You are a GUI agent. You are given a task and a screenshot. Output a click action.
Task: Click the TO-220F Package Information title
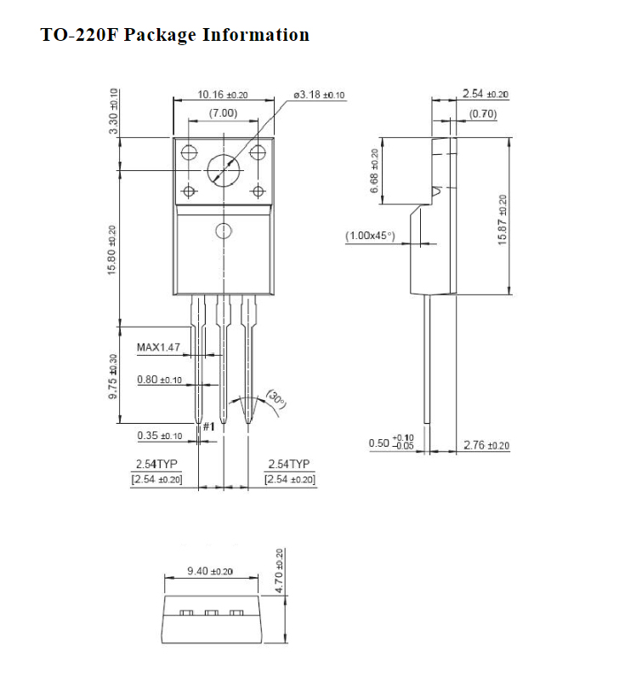[175, 36]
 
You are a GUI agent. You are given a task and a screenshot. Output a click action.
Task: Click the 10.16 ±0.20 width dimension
[223, 94]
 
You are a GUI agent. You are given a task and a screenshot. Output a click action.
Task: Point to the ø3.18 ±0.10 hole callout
[319, 94]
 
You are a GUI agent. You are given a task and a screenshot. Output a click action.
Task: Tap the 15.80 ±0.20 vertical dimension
[113, 249]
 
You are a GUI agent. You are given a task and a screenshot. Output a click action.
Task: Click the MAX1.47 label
[158, 347]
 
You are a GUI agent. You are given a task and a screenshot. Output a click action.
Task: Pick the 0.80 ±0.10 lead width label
[159, 380]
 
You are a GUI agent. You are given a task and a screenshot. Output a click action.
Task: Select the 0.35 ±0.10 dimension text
[159, 436]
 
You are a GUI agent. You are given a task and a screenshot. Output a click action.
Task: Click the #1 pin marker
[207, 426]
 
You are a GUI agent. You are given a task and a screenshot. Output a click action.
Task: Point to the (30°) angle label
[277, 398]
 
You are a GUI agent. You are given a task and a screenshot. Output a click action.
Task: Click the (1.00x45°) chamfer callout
[371, 236]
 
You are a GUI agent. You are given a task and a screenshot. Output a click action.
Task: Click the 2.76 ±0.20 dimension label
[486, 444]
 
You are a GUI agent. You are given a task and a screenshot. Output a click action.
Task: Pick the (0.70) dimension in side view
[483, 113]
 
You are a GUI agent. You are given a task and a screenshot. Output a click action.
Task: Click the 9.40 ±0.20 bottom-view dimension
[210, 571]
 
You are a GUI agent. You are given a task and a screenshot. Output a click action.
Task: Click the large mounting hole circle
[223, 170]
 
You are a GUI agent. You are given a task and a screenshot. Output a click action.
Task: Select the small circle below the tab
[224, 230]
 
